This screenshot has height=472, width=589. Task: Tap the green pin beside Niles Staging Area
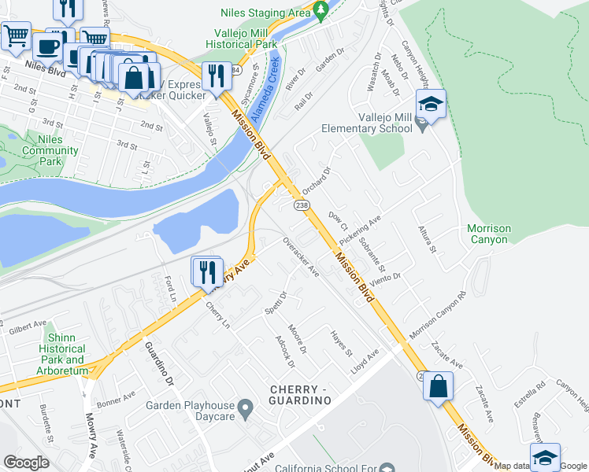click(x=320, y=10)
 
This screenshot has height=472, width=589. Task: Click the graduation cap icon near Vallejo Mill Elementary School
click(x=430, y=104)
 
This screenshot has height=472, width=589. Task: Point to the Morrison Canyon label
click(x=488, y=234)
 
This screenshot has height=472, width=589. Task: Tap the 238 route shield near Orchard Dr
click(x=302, y=205)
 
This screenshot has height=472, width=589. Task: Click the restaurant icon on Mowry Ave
click(x=206, y=271)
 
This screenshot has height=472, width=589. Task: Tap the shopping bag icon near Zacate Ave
click(x=438, y=386)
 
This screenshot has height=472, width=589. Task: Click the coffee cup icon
click(x=48, y=46)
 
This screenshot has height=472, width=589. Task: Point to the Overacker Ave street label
click(x=301, y=257)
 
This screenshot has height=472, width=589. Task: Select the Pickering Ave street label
click(x=360, y=230)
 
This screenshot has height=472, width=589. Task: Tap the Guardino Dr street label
click(x=158, y=364)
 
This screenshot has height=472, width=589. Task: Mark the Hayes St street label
click(x=341, y=343)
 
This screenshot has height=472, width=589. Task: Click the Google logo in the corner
click(x=26, y=463)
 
